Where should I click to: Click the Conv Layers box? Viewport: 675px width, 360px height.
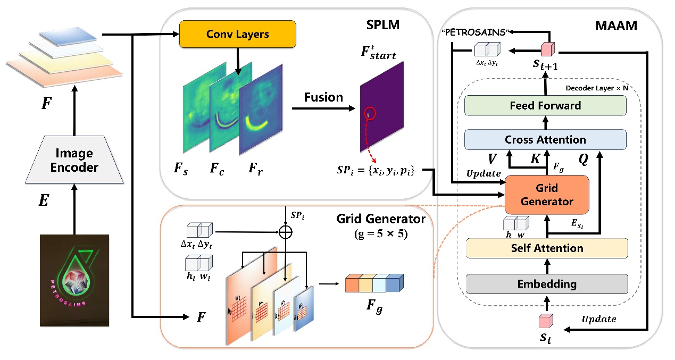(x=237, y=35)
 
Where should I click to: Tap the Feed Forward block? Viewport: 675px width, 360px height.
(x=546, y=105)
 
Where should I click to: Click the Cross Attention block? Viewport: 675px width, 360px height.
(x=546, y=140)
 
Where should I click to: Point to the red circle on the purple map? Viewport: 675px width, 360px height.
(x=370, y=113)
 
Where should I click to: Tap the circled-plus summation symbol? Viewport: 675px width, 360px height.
(x=286, y=232)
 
